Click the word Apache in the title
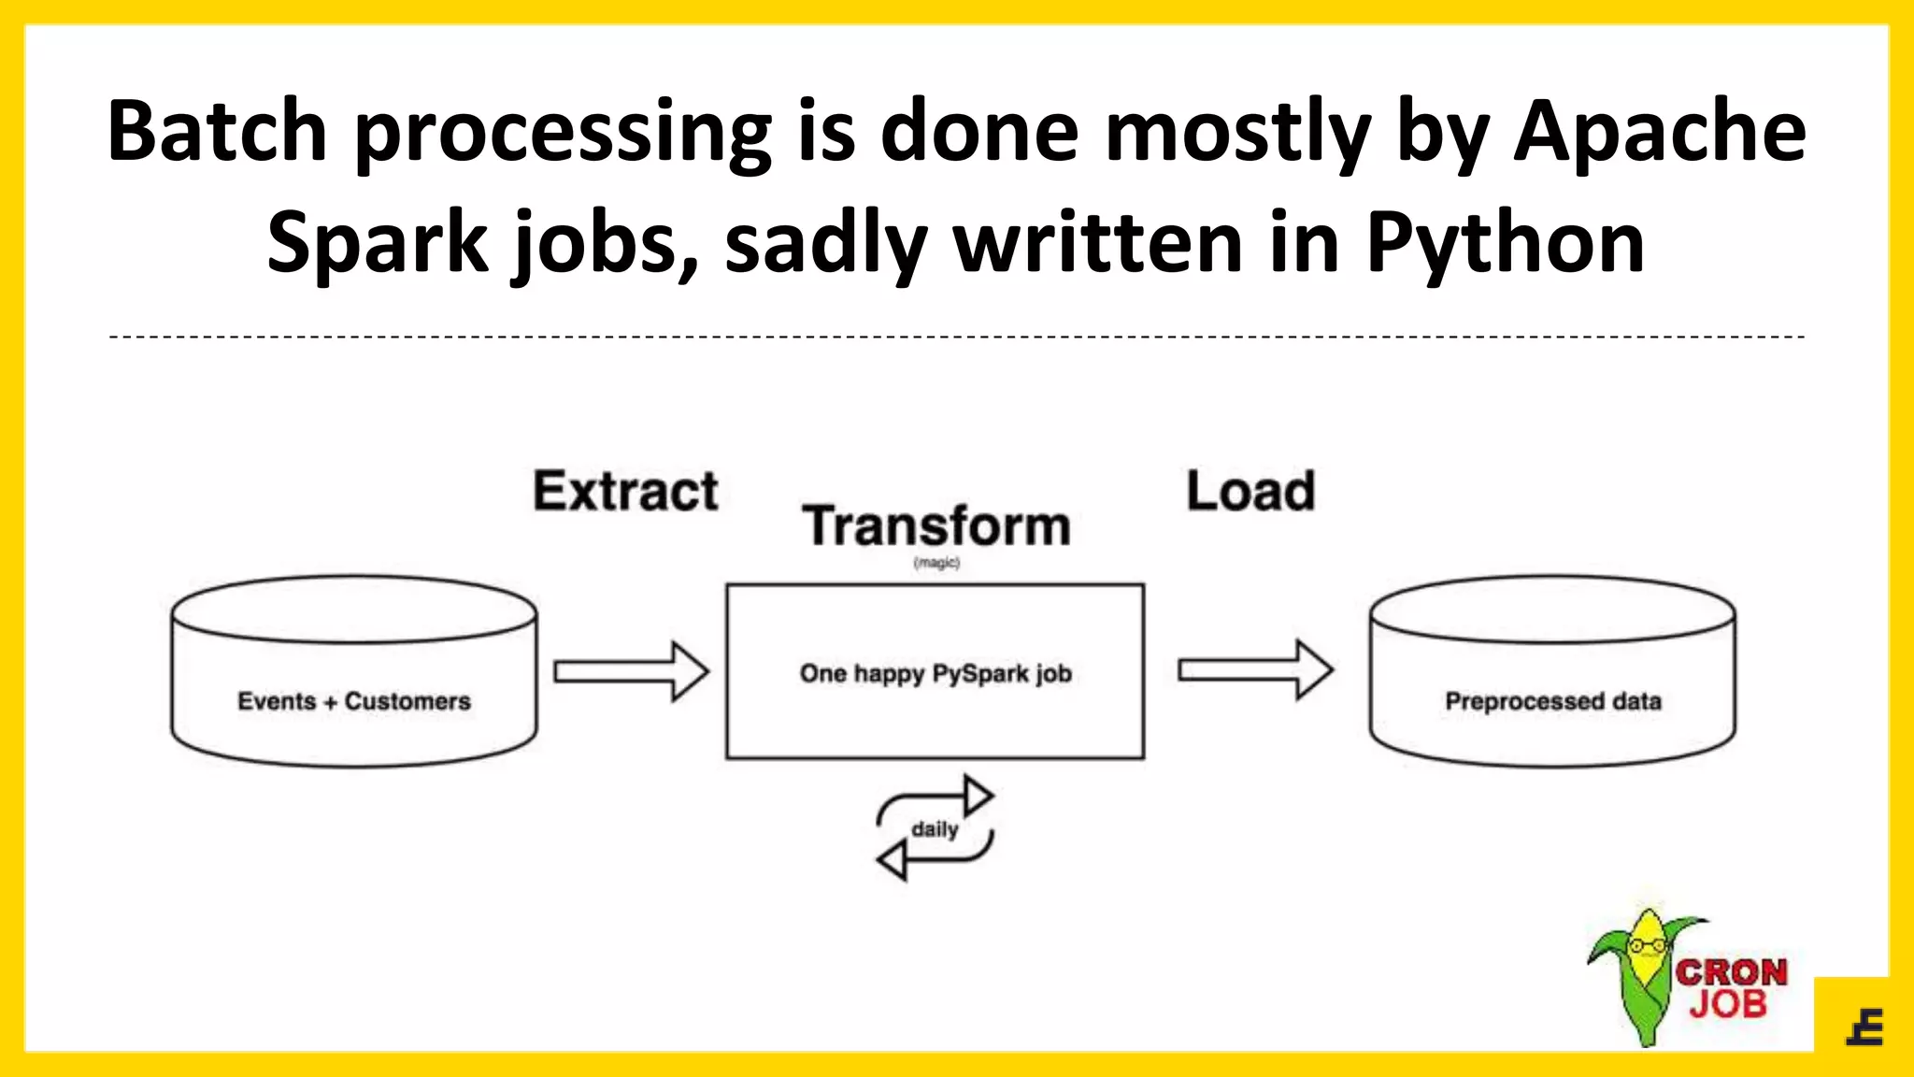(x=1660, y=132)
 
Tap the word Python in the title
(x=1505, y=243)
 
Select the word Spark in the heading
(x=378, y=243)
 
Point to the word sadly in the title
(x=826, y=243)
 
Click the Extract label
(x=625, y=492)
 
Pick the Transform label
(x=936, y=525)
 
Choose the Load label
(x=1250, y=492)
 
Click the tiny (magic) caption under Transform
(x=936, y=563)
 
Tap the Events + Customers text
(x=354, y=701)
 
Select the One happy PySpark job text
(x=936, y=673)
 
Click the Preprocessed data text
(x=1553, y=701)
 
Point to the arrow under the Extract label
(x=632, y=671)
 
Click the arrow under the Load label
(x=1255, y=669)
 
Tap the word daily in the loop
(x=935, y=829)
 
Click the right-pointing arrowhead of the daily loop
(x=978, y=796)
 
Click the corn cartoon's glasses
(x=1647, y=945)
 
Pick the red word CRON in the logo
(x=1731, y=972)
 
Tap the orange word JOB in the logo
(x=1728, y=1005)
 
